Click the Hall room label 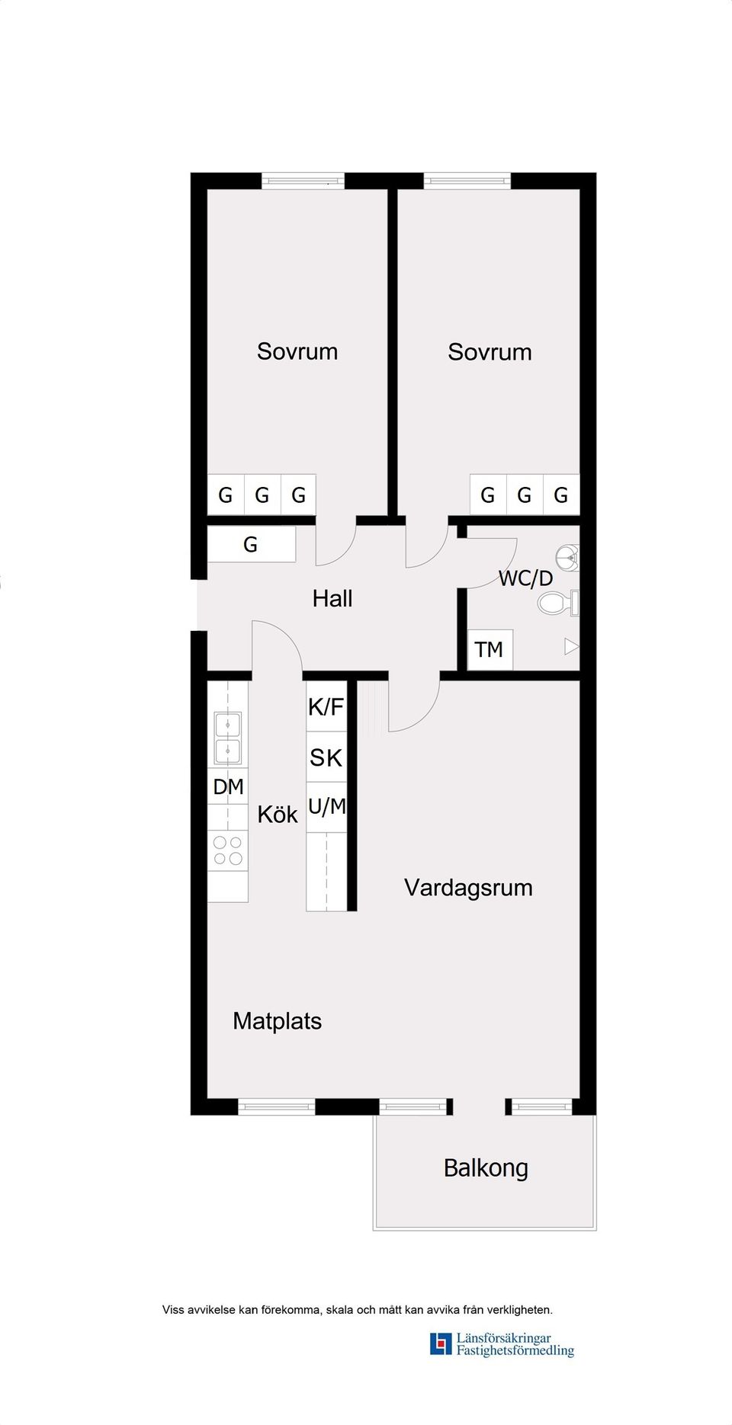click(332, 598)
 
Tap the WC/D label click(525, 578)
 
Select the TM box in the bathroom click(489, 649)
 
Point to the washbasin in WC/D click(568, 558)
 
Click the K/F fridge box click(326, 706)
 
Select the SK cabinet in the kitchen click(326, 757)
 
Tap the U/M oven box click(326, 806)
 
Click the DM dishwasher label click(228, 786)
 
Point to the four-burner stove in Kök click(228, 850)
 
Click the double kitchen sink click(228, 738)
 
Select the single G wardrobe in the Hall click(251, 544)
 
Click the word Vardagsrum click(467, 887)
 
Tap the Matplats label click(277, 1020)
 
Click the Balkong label click(485, 1167)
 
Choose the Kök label click(277, 814)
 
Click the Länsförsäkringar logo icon click(441, 1343)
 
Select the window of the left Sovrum click(303, 181)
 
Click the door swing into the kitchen click(278, 644)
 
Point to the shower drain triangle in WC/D click(571, 647)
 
